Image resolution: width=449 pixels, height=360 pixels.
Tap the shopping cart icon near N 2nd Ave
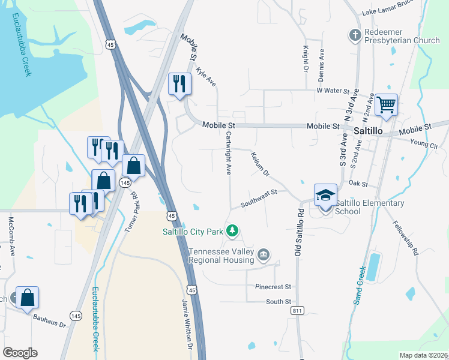tap(387, 106)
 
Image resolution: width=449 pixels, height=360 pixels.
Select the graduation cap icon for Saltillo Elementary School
tap(325, 195)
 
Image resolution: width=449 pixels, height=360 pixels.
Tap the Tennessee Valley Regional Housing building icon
tap(263, 256)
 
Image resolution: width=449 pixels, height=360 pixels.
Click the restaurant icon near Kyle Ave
tap(179, 83)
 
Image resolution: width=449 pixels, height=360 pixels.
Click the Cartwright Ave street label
tap(229, 154)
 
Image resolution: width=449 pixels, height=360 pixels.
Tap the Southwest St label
tap(258, 198)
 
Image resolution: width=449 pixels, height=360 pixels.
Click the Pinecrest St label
tap(273, 287)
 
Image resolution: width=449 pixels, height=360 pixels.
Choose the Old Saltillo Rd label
tap(298, 233)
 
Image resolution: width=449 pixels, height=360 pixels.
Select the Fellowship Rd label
tap(406, 239)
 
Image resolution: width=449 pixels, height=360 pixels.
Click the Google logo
tap(20, 352)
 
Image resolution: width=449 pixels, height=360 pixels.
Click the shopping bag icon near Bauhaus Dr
tap(28, 298)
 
